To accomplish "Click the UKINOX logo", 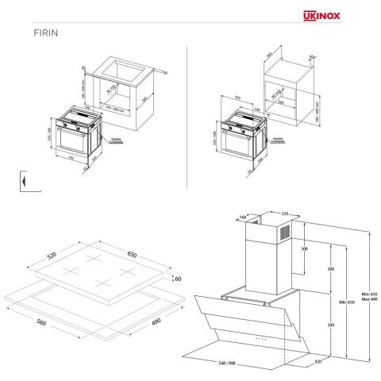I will [344, 13].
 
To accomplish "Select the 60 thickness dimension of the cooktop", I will [178, 279].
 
